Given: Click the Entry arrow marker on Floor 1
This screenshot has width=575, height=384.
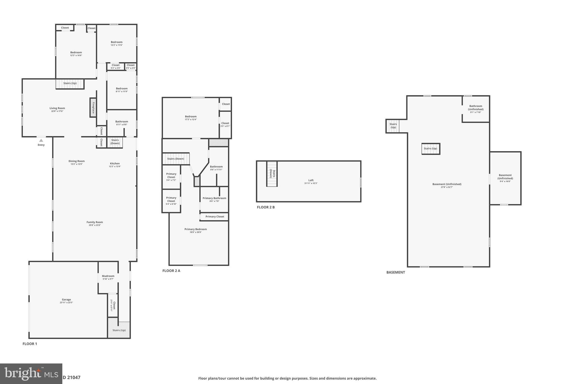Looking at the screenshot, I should [41, 140].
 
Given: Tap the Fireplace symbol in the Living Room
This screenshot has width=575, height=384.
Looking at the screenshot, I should [93, 107].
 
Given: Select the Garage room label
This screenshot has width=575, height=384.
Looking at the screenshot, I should [66, 300].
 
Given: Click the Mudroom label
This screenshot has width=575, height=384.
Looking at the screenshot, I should [108, 276].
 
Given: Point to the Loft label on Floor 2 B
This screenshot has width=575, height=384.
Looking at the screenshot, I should [311, 180].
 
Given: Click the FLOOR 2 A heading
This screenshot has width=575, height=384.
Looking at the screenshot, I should [171, 271].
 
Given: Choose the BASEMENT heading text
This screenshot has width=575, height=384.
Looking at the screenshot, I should [396, 272].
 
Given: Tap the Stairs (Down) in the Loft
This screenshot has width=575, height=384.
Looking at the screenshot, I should [272, 174].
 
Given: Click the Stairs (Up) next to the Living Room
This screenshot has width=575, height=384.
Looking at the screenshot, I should [70, 84].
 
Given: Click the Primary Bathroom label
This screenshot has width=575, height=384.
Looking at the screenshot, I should [214, 198].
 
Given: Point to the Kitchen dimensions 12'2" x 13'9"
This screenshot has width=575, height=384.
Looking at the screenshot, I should [115, 167].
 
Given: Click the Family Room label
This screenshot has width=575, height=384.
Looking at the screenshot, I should [95, 222].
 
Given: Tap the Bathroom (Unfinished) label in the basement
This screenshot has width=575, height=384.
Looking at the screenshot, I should [476, 108].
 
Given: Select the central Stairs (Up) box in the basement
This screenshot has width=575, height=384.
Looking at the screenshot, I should [430, 149].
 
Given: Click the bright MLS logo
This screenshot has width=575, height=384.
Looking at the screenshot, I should [31, 374].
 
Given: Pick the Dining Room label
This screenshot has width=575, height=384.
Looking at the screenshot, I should [76, 161].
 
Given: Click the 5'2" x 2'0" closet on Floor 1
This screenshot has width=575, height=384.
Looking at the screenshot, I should [115, 66].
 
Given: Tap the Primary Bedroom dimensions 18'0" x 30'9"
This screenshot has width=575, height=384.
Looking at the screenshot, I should [195, 232].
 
